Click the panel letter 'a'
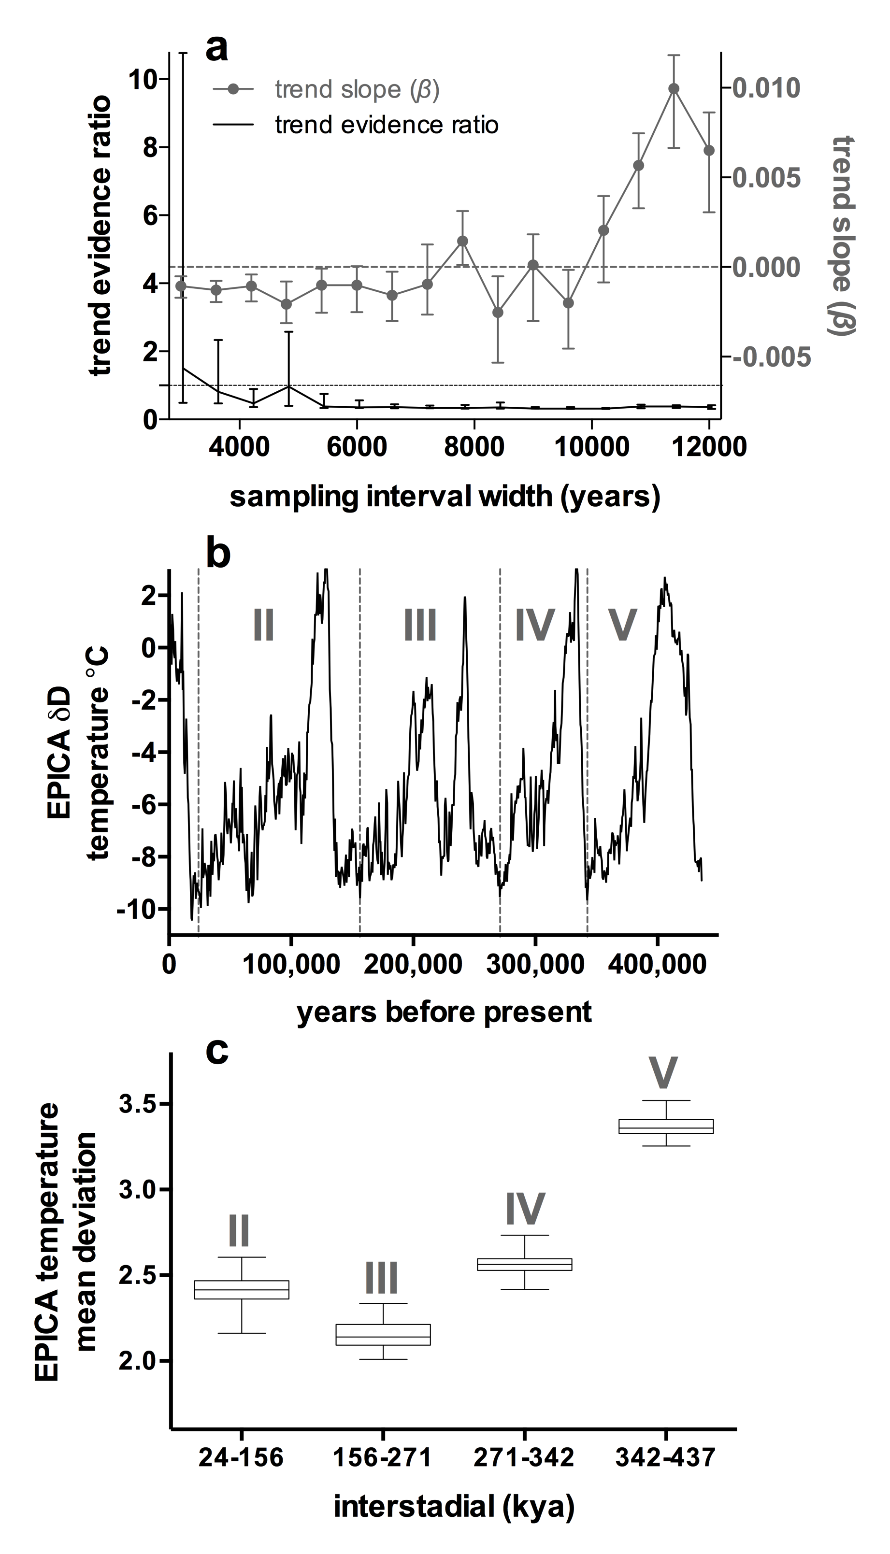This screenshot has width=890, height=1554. point(217,49)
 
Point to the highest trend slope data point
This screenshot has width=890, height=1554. point(674,88)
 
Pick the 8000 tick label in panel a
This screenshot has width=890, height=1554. point(474,447)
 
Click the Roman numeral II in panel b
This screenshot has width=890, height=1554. point(263,625)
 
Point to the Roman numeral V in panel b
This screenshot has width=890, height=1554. point(622,625)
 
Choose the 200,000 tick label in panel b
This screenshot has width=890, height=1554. point(413,964)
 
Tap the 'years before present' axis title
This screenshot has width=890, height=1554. point(445,1012)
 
